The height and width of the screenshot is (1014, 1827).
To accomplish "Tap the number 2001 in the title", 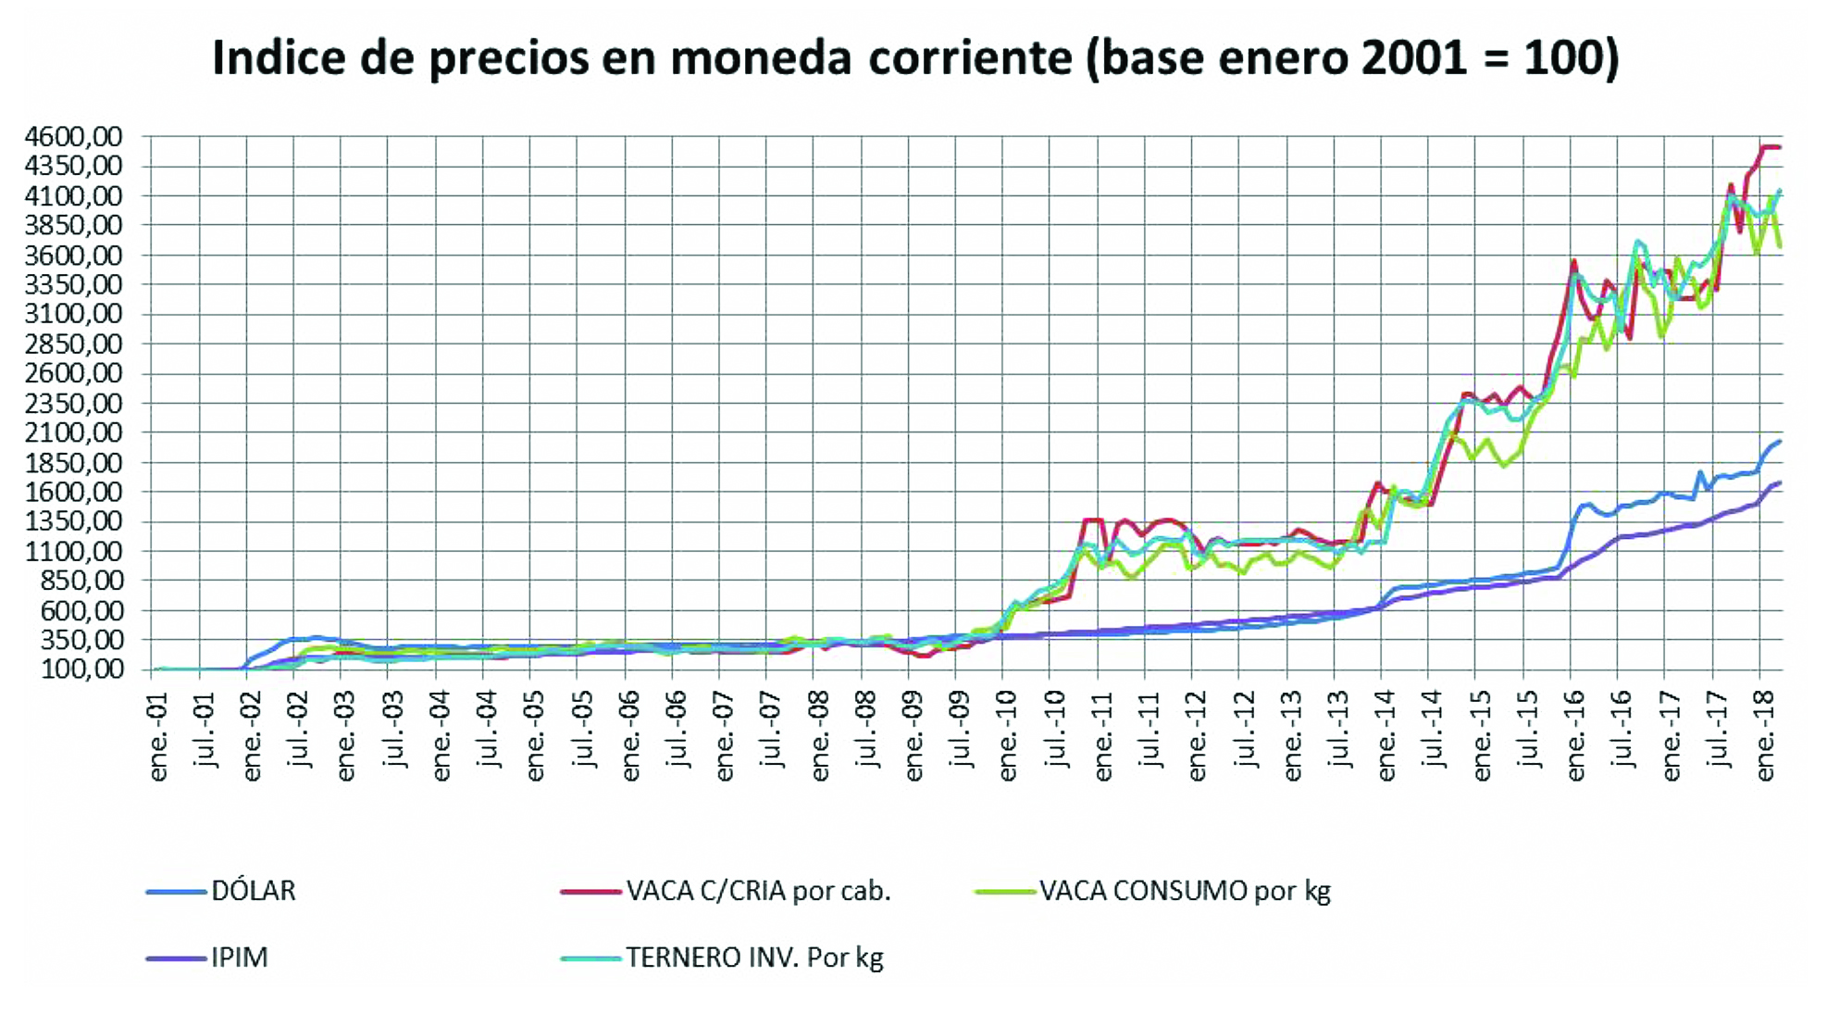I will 1414,58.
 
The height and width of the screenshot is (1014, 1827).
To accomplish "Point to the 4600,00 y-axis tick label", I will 74,137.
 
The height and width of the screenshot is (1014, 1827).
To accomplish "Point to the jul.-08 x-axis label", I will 867,741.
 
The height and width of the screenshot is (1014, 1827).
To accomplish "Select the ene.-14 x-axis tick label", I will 1386,741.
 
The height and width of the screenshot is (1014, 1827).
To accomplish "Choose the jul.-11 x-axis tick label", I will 1150,741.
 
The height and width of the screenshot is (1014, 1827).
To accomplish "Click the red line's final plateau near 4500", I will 1771,147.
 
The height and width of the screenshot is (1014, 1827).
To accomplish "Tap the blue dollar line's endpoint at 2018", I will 1779,442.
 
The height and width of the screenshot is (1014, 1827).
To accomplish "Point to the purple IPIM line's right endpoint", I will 1779,483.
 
